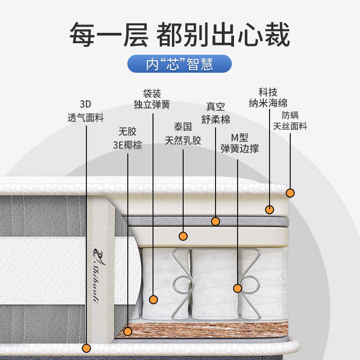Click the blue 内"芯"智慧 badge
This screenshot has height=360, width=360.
[180, 64]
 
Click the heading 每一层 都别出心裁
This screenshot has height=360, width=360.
[180, 35]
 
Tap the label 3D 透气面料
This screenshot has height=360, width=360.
[85, 112]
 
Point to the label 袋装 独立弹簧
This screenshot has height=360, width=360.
[152, 99]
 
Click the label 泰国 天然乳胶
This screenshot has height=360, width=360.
[183, 133]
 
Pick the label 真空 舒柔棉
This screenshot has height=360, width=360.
[215, 113]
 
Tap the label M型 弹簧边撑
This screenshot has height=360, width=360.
[239, 143]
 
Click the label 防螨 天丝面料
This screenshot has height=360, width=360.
[290, 121]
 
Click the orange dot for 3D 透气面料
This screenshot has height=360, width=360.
[87, 348]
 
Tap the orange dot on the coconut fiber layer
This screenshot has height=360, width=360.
[128, 332]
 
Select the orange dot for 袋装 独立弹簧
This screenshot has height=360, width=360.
[153, 299]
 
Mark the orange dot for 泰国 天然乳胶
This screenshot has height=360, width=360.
[183, 235]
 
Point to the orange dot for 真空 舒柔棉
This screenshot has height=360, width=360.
[216, 221]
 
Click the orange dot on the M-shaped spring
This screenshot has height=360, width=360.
[238, 288]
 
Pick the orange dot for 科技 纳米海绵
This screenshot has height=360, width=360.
[269, 209]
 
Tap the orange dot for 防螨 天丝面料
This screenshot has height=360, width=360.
[290, 193]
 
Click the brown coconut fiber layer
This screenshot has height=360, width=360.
[202, 332]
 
